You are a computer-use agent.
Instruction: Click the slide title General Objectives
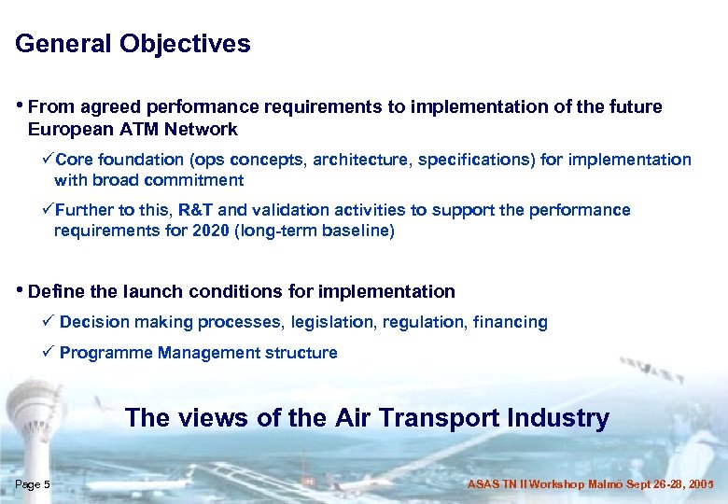click(133, 44)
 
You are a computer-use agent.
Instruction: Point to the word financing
click(511, 322)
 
